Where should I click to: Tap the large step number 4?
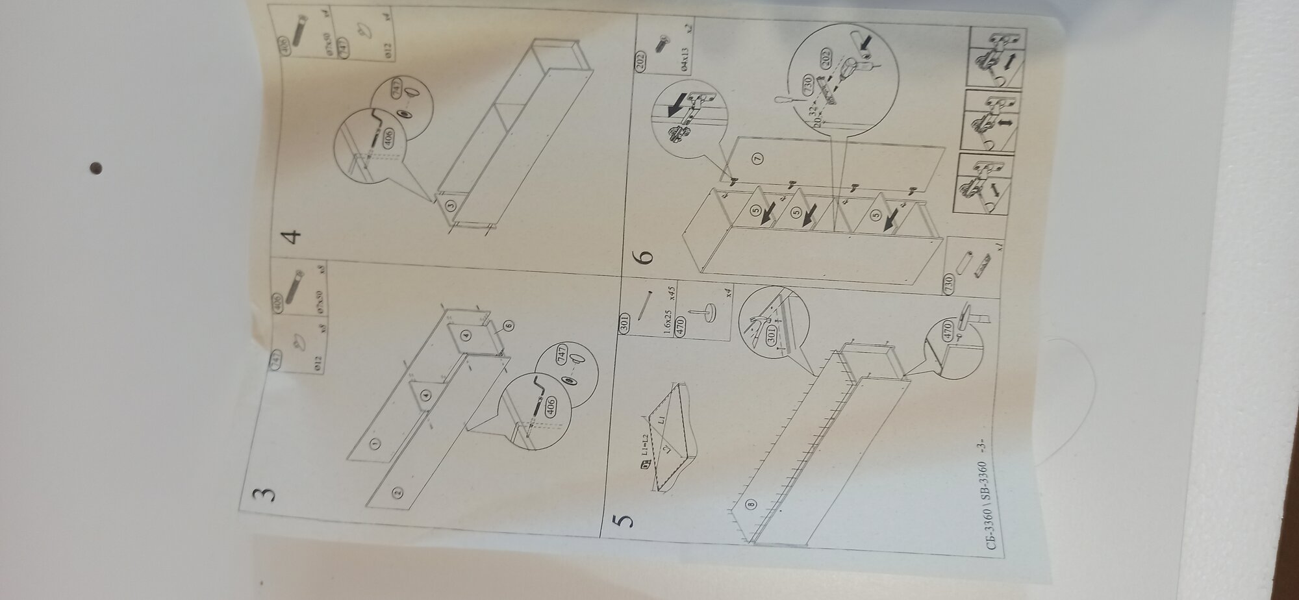coord(294,235)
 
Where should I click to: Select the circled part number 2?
coord(397,492)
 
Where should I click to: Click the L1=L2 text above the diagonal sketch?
coord(647,445)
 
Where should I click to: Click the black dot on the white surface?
coord(96,169)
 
